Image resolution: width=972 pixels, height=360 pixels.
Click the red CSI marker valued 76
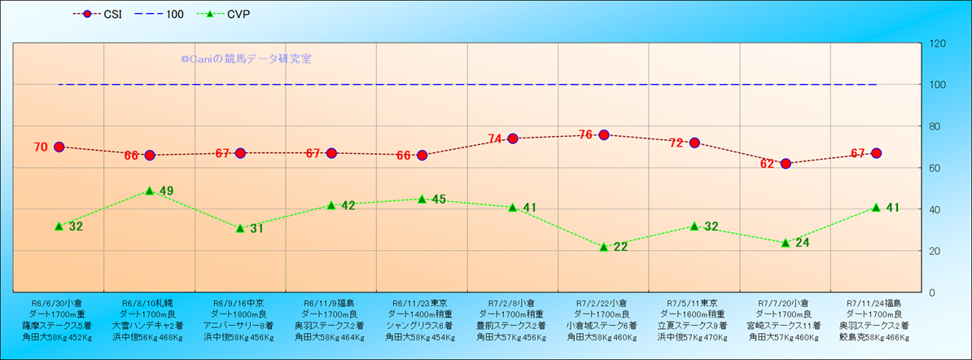[x=604, y=134]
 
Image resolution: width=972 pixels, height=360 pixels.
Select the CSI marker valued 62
[x=786, y=164]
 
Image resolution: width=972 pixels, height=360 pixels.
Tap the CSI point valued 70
[x=59, y=147]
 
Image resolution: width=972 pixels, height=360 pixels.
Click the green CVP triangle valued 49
[x=150, y=191]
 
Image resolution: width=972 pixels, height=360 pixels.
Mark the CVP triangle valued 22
[x=604, y=246]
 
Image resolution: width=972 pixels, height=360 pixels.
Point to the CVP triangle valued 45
[x=422, y=199]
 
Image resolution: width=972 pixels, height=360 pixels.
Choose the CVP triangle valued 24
[x=786, y=242]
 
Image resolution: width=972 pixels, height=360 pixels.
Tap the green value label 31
[x=256, y=229]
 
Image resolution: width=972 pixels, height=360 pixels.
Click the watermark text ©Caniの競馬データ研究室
[x=246, y=59]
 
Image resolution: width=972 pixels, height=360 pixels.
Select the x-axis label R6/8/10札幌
[x=149, y=303]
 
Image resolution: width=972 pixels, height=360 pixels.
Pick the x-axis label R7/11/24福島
[x=875, y=303]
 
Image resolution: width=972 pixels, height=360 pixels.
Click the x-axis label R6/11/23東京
[x=421, y=303]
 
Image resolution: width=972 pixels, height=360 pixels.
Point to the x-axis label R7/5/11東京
[x=694, y=303]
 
